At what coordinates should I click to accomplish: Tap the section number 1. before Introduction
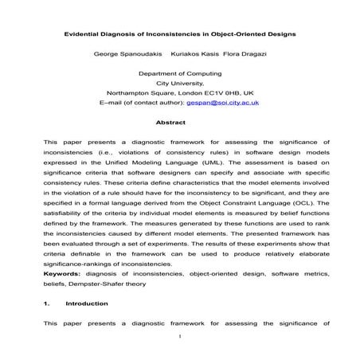47,303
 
